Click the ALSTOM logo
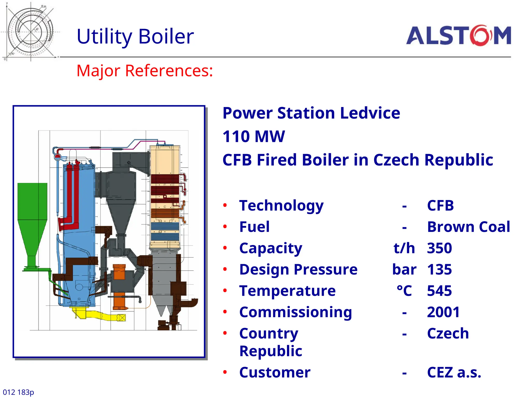[458, 35]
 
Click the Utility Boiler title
[135, 36]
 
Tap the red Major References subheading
[145, 71]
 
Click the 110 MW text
[254, 136]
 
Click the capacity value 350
[439, 248]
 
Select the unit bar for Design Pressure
[404, 270]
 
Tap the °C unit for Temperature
[404, 291]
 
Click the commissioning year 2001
[443, 312]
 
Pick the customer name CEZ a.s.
[454, 372]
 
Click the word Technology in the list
[281, 206]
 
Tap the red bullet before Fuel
[225, 227]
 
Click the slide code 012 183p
[18, 392]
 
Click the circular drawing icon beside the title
[31, 32]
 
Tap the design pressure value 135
[439, 270]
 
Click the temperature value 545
[439, 291]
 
